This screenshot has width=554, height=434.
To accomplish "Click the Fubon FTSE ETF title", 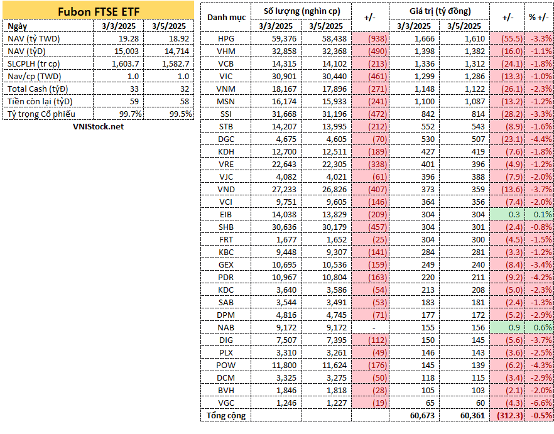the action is tap(99, 12).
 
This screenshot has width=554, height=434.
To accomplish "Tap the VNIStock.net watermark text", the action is tap(98, 126).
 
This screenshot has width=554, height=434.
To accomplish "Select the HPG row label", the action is tap(225, 39).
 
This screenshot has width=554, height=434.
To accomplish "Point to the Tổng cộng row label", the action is tap(225, 416).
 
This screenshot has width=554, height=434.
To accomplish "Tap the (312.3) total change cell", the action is tap(510, 416).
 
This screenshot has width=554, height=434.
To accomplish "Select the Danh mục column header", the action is tap(226, 18).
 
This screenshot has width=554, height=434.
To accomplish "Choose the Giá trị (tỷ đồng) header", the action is tap(440, 11).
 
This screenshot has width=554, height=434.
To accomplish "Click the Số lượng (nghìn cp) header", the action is tap(301, 11).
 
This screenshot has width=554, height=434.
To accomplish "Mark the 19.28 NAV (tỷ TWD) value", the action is tap(129, 39).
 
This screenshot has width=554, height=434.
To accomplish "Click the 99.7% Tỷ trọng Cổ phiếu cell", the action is tap(131, 114).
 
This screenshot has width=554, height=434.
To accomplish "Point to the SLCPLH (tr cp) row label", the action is tap(33, 64).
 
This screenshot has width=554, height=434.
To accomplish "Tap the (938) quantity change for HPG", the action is tap(377, 39).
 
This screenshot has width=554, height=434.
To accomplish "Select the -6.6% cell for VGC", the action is tap(541, 403).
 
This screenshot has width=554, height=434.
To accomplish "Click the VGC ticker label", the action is tap(225, 403).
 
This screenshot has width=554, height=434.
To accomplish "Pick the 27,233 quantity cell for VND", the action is tap(284, 190).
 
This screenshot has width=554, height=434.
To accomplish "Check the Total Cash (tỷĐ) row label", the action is tap(38, 89).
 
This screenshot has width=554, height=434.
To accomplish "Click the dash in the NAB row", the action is tap(374, 328).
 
